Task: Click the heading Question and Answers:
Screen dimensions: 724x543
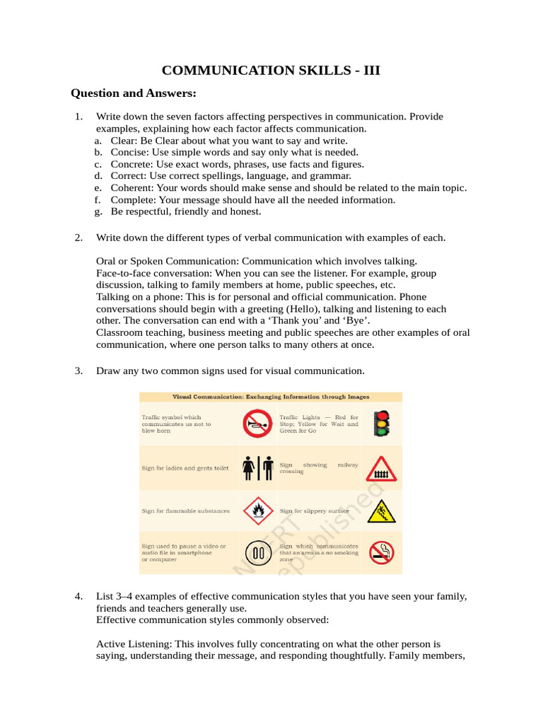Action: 133,93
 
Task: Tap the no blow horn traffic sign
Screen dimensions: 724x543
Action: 257,424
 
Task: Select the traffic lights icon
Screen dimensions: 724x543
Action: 382,424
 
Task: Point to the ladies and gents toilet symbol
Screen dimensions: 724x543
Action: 257,467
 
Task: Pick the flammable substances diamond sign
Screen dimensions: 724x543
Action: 257,510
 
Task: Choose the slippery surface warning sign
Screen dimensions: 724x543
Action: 382,510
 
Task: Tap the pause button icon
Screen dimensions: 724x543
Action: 257,553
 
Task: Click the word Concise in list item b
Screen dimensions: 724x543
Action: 127,152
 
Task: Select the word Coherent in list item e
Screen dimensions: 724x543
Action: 131,188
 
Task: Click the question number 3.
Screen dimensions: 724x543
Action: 79,370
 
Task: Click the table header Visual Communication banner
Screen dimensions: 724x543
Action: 271,397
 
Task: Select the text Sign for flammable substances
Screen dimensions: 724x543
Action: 185,510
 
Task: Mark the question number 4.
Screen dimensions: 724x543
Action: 79,597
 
